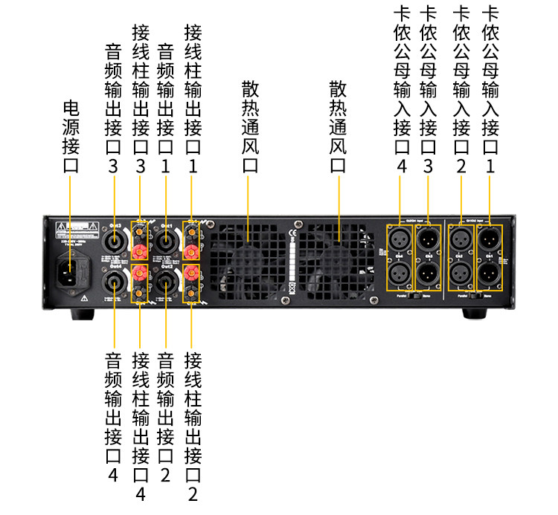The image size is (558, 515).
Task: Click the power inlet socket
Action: pos(72,271)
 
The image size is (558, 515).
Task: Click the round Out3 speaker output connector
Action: pos(115,242)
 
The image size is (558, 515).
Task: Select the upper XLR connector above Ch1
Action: pos(489,239)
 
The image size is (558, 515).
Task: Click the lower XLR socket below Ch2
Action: pos(459,274)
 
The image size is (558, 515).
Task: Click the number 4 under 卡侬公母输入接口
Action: pos(402,166)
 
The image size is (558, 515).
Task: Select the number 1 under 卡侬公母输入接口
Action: pos(490,166)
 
